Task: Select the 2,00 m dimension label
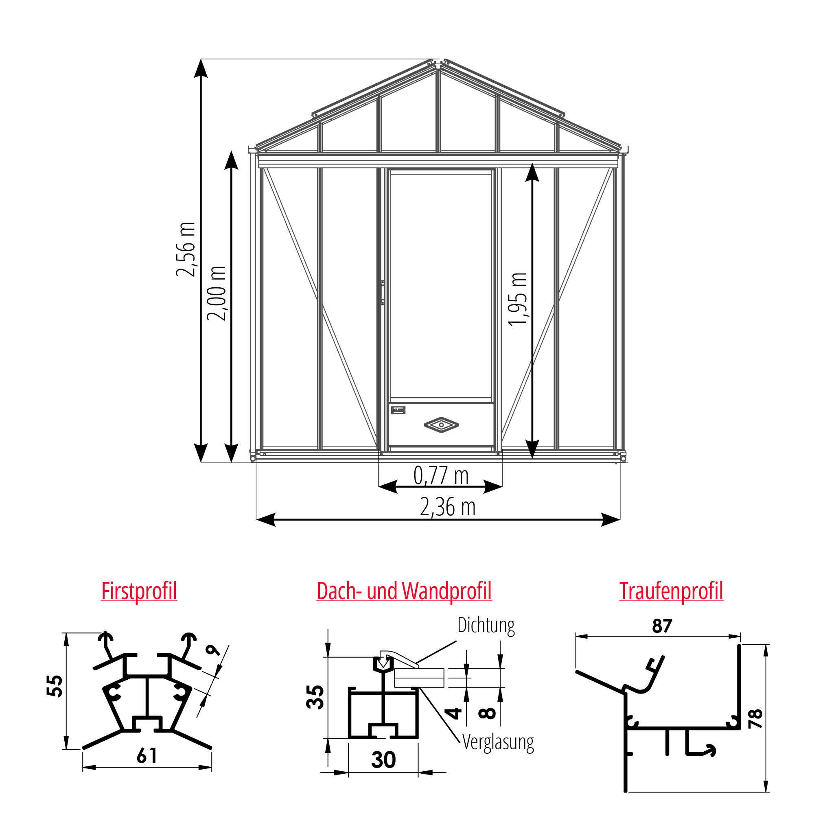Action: pyautogui.click(x=217, y=294)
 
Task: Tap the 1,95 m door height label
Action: pyautogui.click(x=517, y=299)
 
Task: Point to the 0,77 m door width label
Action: pyautogui.click(x=441, y=476)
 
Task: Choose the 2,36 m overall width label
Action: pyautogui.click(x=447, y=507)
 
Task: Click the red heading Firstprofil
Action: pyautogui.click(x=139, y=591)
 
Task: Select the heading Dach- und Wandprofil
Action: pyautogui.click(x=404, y=591)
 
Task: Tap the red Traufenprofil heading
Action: pyautogui.click(x=671, y=591)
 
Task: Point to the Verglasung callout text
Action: pyautogui.click(x=498, y=742)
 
